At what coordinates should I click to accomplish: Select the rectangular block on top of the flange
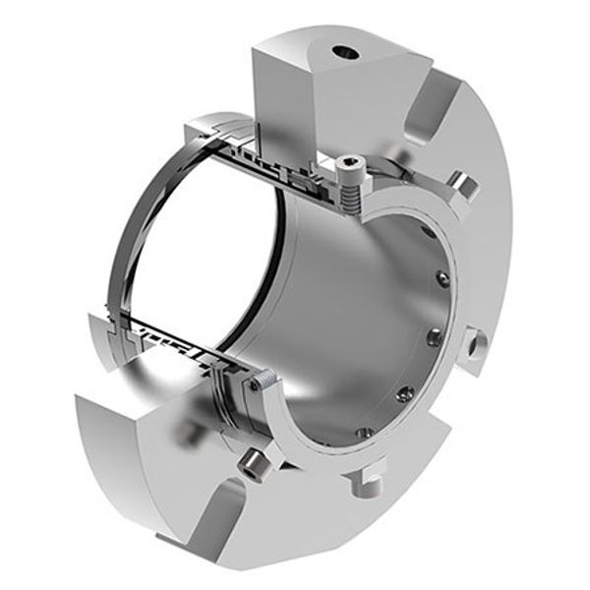315,88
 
